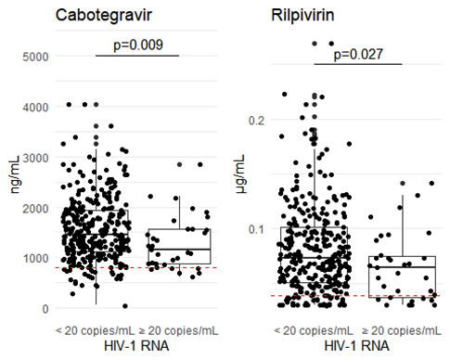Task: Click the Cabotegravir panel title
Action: (x=104, y=16)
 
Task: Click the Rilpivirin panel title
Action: (x=302, y=15)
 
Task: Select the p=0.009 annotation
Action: (x=138, y=45)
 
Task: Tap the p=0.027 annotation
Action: (x=358, y=55)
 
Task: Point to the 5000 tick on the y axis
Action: (x=35, y=57)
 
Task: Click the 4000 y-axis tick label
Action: (x=35, y=108)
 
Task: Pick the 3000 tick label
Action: (x=35, y=158)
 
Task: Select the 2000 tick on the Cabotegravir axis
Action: (x=35, y=209)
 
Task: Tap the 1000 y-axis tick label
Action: (x=35, y=259)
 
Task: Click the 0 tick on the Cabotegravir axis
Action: (x=45, y=309)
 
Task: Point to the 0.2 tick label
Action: (x=257, y=121)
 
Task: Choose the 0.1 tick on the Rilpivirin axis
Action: (x=257, y=229)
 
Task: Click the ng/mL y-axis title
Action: (x=15, y=174)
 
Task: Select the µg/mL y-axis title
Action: (x=240, y=174)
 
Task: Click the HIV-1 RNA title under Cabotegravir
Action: (x=136, y=346)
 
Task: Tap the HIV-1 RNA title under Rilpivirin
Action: (x=356, y=346)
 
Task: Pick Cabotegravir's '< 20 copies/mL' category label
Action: (x=96, y=330)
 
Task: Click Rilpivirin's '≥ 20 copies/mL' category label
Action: (x=402, y=330)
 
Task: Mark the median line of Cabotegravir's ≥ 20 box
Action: (x=179, y=249)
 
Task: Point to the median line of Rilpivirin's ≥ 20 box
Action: (x=402, y=266)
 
